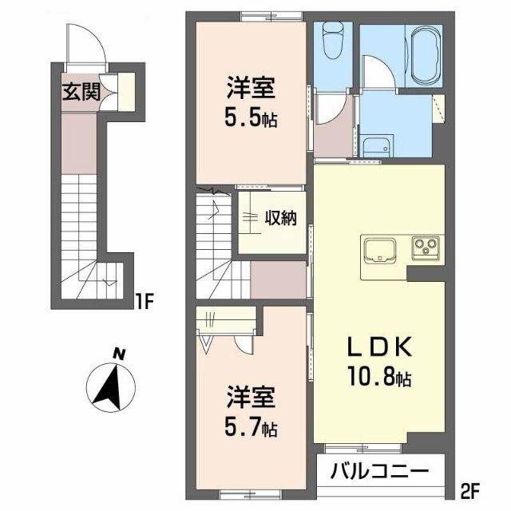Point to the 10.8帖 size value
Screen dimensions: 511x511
(378, 376)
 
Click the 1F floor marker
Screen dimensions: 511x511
(143, 302)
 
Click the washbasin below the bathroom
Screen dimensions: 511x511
(374, 147)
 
